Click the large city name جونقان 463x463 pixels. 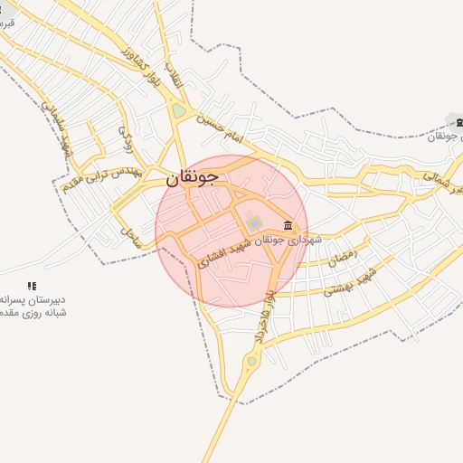tap(192, 178)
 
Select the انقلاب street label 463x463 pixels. tap(177, 71)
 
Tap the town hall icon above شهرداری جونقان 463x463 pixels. tap(288, 225)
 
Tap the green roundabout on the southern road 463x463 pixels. tap(251, 362)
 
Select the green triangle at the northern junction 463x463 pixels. tap(179, 111)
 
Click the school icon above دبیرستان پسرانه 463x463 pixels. tap(32, 285)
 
